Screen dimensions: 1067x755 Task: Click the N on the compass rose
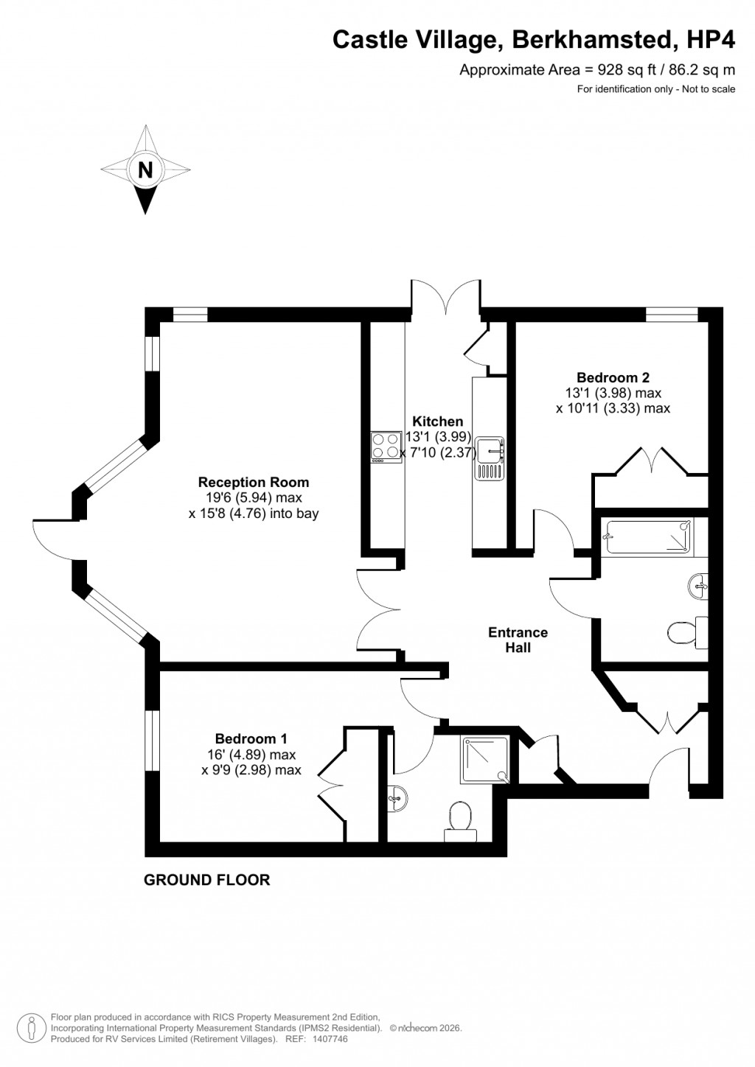[145, 169]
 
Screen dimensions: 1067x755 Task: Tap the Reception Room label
[254, 483]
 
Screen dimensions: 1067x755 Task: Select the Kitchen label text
[437, 421]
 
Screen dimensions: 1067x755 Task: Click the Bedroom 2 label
[613, 377]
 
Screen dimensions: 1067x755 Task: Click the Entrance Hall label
[518, 640]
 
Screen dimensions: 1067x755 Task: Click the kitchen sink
[489, 457]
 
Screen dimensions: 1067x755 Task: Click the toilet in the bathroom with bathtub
[686, 631]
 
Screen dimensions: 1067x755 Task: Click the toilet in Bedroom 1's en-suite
[462, 822]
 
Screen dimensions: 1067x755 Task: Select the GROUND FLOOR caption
[206, 880]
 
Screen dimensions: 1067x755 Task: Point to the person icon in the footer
[32, 1026]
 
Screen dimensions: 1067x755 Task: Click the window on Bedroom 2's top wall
[671, 315]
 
